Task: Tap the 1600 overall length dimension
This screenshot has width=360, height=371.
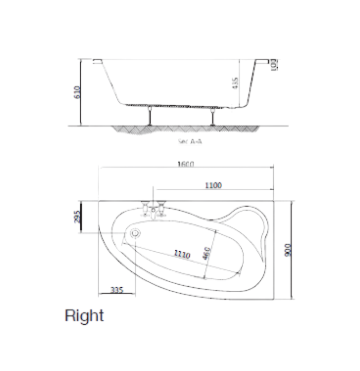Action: pyautogui.click(x=186, y=164)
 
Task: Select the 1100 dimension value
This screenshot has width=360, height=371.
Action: pyautogui.click(x=212, y=185)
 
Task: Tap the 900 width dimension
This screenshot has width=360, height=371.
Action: pyautogui.click(x=288, y=250)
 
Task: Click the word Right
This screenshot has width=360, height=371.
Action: pyautogui.click(x=84, y=315)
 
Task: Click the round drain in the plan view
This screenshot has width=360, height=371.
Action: pyautogui.click(x=136, y=234)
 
